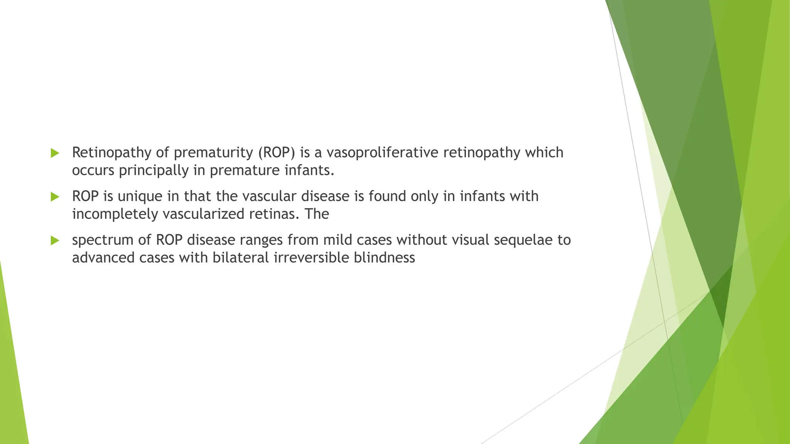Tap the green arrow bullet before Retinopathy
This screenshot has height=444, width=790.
(x=55, y=153)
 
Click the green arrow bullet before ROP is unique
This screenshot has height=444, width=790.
(x=55, y=197)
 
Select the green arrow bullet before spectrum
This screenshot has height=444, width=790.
(x=55, y=241)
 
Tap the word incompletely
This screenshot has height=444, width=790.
(x=115, y=214)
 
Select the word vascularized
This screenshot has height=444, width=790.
(x=203, y=214)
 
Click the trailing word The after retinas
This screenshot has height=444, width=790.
(x=317, y=214)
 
